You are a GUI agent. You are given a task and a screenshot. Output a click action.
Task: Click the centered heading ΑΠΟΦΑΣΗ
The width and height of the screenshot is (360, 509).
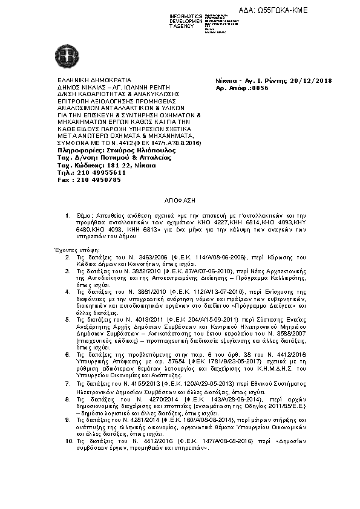tap(180, 199)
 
